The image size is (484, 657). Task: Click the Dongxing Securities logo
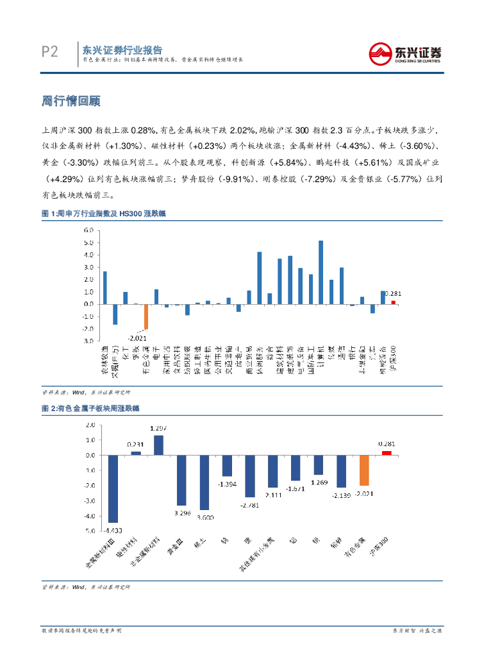[x=405, y=53]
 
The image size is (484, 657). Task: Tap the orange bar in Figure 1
[x=146, y=316]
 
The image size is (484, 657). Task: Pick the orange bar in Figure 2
[x=364, y=470]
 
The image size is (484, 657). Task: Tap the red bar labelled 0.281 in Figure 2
[x=387, y=453]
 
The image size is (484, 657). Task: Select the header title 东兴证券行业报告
[x=122, y=50]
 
